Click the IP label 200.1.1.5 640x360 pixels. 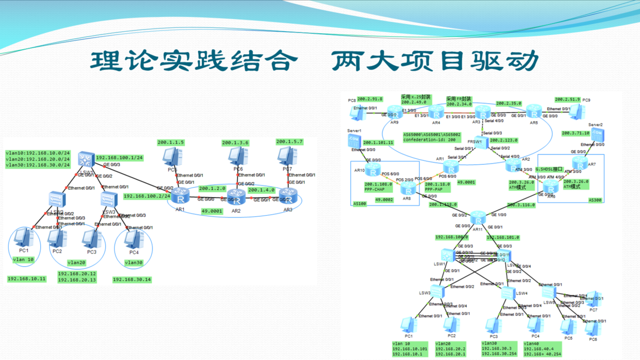[171, 142]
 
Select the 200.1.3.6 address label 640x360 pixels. [235, 143]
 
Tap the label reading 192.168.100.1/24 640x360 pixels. [119, 158]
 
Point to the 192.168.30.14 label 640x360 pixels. [132, 280]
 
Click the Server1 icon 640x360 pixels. [354, 140]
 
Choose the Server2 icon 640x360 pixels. [597, 135]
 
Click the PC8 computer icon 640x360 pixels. [358, 112]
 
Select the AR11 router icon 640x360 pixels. [478, 218]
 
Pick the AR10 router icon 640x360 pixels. [373, 170]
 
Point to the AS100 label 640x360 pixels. [360, 204]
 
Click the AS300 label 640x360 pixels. [595, 200]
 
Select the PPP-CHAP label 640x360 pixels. [375, 189]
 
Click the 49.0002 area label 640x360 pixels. [384, 200]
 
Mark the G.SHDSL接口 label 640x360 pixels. [549, 169]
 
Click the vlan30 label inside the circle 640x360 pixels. [134, 263]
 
